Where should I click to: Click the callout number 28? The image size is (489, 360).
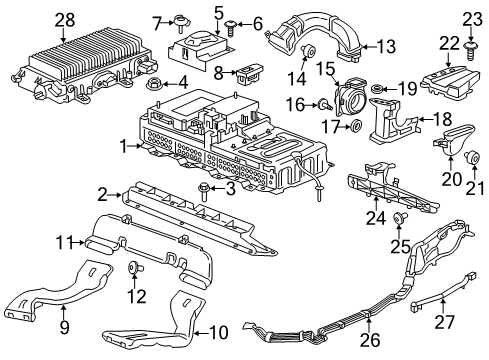pyautogui.click(x=37, y=19)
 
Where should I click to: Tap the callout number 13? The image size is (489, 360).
pyautogui.click(x=385, y=46)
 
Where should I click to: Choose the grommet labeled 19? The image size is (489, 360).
pyautogui.click(x=378, y=91)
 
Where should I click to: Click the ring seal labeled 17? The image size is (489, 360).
pyautogui.click(x=356, y=127)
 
